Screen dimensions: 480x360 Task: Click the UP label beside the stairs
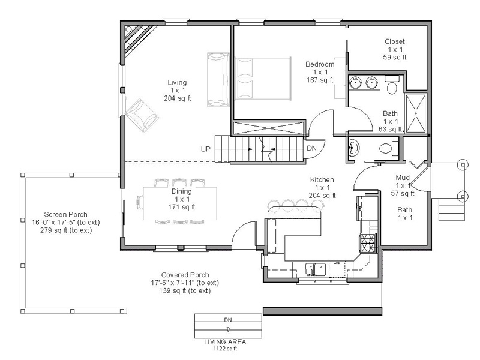[205, 149]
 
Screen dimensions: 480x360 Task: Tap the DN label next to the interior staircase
[311, 148]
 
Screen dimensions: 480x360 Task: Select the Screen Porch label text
[66, 214]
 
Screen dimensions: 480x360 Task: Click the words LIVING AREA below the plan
[225, 342]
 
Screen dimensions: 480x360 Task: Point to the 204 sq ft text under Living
[177, 98]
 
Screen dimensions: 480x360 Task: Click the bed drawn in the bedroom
[262, 79]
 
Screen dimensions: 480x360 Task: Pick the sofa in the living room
[218, 80]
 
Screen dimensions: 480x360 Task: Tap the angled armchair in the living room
[142, 115]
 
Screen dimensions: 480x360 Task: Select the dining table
[181, 203]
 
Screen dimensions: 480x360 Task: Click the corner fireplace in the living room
[137, 38]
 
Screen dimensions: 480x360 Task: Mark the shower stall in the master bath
[416, 113]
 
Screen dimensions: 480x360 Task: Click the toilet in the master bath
[392, 84]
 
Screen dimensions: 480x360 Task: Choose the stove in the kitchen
[368, 243]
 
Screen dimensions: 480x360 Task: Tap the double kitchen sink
[316, 269]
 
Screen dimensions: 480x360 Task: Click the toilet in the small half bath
[388, 148]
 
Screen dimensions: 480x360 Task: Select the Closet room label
[395, 41]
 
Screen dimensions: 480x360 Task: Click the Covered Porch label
[185, 275]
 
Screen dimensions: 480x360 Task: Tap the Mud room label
[403, 178]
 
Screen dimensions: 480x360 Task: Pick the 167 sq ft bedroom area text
[320, 80]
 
